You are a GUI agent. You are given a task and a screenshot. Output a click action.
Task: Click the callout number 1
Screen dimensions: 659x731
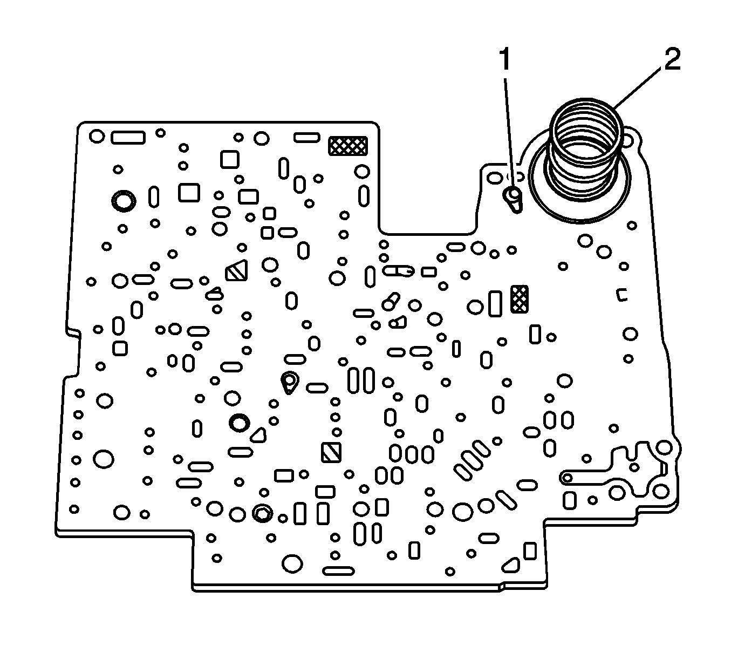pyautogui.click(x=505, y=60)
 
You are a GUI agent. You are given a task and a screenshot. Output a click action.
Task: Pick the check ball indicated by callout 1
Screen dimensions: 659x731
pyautogui.click(x=512, y=195)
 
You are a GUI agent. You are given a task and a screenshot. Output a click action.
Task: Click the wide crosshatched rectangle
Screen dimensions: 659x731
pyautogui.click(x=348, y=145)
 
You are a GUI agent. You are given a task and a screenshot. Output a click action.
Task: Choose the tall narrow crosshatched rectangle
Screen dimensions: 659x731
pyautogui.click(x=520, y=299)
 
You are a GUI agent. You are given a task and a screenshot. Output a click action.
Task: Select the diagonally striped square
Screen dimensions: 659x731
pyautogui.click(x=330, y=452)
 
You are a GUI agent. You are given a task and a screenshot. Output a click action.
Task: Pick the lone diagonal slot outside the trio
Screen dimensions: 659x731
pyautogui.click(x=505, y=499)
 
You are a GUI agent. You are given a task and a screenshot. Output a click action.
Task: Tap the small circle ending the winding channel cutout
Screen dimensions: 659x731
pyautogui.click(x=566, y=477)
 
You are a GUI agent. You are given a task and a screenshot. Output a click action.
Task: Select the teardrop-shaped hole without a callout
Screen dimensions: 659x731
pyautogui.click(x=290, y=382)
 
